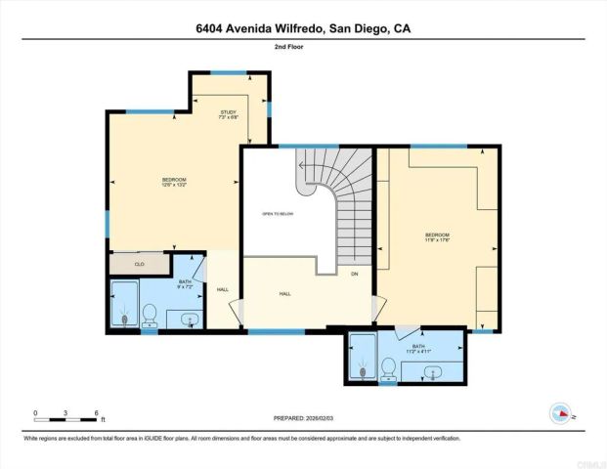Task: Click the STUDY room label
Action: click(x=229, y=113)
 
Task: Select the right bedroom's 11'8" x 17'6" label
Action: click(x=437, y=240)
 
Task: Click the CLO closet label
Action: click(x=140, y=264)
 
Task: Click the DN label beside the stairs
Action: click(x=354, y=274)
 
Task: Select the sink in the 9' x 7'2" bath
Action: click(x=186, y=319)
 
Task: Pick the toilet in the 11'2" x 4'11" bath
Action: click(x=389, y=368)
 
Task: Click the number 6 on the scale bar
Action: click(x=96, y=413)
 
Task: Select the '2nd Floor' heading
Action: click(x=302, y=46)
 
